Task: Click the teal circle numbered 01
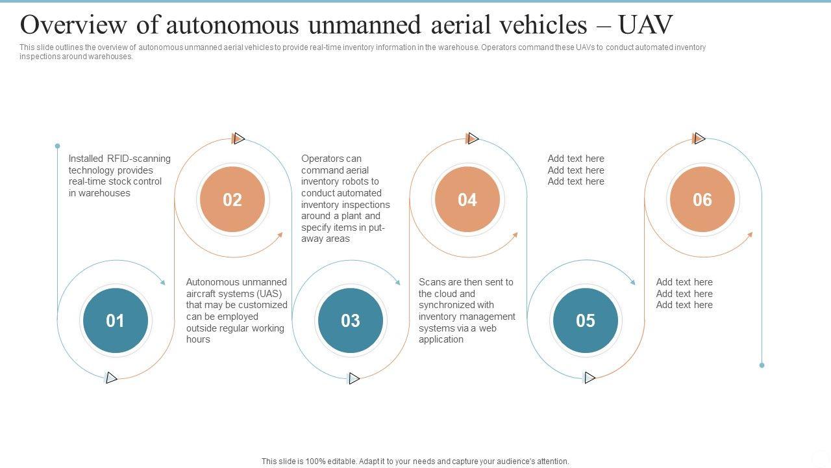(x=116, y=320)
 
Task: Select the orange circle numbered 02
(x=232, y=200)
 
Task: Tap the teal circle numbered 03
(x=351, y=320)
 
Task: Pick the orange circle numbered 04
(x=467, y=200)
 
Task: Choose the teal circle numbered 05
(x=586, y=320)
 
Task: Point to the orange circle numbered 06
(x=702, y=200)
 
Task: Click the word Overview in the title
(x=72, y=25)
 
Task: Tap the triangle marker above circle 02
(x=239, y=138)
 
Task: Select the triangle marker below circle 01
(x=112, y=378)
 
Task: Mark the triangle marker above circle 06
(x=699, y=138)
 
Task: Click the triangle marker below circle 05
(x=589, y=378)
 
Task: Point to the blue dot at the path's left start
(x=57, y=146)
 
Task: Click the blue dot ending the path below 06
(x=762, y=365)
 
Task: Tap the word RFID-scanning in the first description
(x=138, y=159)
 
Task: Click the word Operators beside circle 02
(x=323, y=159)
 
